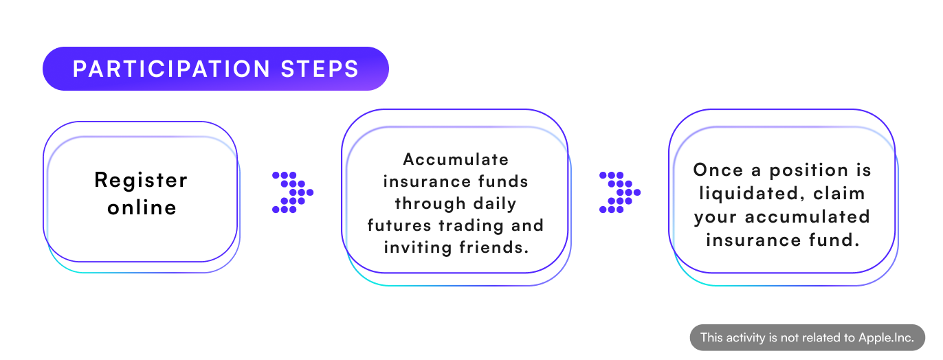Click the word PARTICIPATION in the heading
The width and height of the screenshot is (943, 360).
point(171,69)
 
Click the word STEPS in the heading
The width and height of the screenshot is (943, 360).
point(320,69)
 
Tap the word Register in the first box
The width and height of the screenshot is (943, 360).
point(141,181)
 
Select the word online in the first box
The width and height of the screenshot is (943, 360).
point(142,207)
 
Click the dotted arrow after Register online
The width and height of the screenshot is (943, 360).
point(293,192)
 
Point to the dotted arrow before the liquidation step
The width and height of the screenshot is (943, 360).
point(620,192)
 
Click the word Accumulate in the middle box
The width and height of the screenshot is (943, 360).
point(456,159)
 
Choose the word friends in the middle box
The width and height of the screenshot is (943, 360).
point(493,247)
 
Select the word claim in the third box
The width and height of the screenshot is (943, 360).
point(839,194)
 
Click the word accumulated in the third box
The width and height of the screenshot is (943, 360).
point(808,217)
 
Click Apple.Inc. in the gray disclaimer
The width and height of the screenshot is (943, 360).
point(886,338)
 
